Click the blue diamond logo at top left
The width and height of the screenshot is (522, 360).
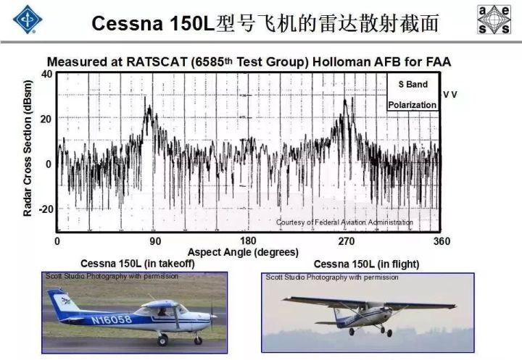coord(28,19)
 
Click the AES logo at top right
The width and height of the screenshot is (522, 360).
coord(494,20)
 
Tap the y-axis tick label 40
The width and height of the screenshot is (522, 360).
coord(47,74)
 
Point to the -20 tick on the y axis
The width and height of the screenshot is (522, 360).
coord(46,209)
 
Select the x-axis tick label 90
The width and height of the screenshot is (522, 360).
coord(155,241)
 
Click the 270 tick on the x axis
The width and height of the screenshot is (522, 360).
coord(347,241)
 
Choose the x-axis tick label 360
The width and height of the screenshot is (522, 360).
coord(442,241)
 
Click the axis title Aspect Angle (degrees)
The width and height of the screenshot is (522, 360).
coord(243,252)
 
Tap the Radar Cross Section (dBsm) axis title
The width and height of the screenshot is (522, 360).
coord(28,148)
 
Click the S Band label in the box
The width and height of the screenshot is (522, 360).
coord(413,84)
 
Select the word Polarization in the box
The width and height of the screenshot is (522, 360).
coord(412,105)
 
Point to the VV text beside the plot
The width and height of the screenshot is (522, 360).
coord(450,95)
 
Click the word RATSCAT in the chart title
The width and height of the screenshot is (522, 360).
coord(157,62)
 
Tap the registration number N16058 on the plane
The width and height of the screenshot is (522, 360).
coord(112,319)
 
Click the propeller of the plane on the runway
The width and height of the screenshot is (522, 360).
coord(212,316)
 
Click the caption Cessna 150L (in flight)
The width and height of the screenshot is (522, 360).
coord(366,264)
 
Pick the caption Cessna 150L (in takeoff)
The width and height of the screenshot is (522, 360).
coord(138,264)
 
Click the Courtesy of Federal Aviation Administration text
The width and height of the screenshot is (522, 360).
coord(344,222)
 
